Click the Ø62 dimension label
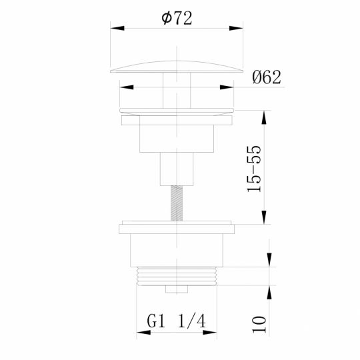267,77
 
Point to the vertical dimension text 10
260,324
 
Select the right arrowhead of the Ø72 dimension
238,28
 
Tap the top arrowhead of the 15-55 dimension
265,115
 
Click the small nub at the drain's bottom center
177,290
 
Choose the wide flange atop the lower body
177,228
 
